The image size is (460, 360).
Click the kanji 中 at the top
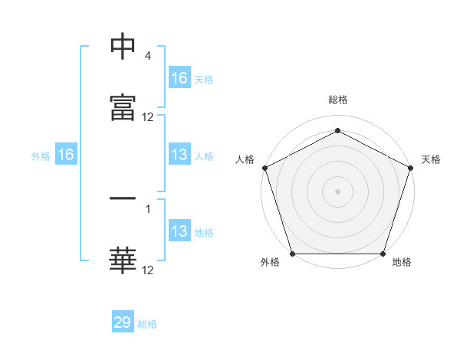point(123,47)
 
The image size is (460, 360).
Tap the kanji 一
point(123,201)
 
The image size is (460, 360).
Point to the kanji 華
point(123,260)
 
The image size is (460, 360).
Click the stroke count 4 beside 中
point(147,57)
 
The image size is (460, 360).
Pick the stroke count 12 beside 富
point(148,117)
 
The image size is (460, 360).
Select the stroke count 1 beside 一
point(148,207)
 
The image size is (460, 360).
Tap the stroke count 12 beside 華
point(148,270)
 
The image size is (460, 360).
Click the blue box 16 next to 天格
point(179,78)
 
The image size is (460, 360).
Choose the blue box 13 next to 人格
point(179,155)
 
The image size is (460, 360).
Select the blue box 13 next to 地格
point(179,232)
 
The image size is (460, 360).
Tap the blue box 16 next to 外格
point(66,155)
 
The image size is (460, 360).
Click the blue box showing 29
point(123,322)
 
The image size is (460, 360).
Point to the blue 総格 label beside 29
point(147,324)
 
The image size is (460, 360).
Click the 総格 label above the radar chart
point(338,100)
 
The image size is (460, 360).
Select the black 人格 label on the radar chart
point(245,159)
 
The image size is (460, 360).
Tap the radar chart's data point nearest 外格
point(293,254)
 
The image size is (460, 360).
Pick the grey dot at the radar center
point(338,191)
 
